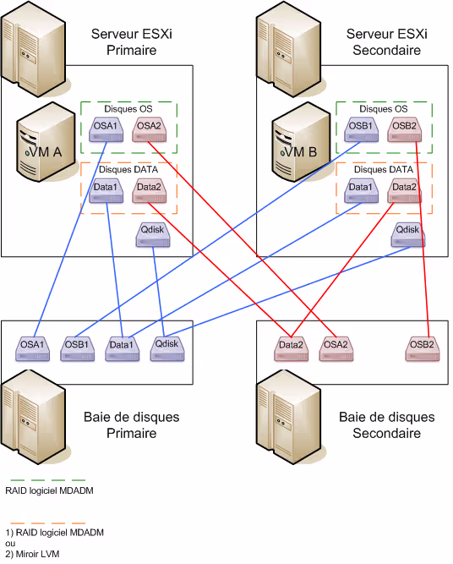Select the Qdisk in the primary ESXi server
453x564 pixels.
pos(153,234)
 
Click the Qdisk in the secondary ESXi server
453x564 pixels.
pos(407,234)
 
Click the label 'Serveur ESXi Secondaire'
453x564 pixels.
pos(386,42)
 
